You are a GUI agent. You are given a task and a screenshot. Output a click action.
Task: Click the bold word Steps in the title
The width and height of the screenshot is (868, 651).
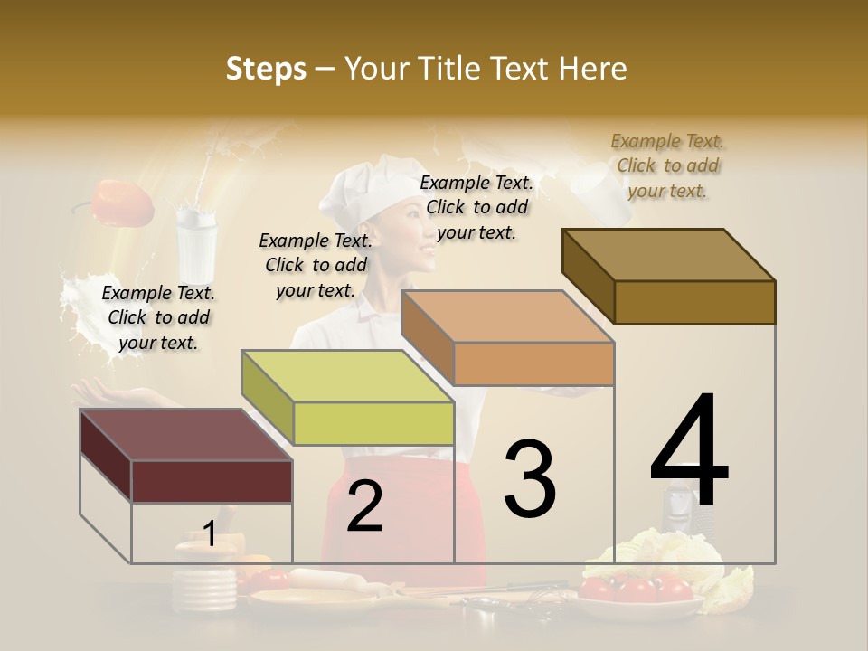[x=266, y=69]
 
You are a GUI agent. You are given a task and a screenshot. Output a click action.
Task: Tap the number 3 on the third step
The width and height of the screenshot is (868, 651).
[x=529, y=479]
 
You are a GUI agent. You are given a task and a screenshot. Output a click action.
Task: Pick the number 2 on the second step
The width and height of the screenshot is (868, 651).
[x=364, y=506]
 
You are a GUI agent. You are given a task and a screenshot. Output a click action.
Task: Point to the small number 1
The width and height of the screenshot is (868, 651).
[x=209, y=534]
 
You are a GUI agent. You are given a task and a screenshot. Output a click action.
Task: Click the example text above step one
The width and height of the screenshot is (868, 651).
[x=158, y=317]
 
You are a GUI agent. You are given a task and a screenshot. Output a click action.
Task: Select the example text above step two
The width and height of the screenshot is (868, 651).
[x=316, y=265]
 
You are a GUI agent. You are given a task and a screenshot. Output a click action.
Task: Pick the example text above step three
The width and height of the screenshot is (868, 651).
[x=476, y=207]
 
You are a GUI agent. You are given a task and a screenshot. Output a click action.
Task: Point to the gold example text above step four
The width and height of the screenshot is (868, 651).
[x=667, y=165]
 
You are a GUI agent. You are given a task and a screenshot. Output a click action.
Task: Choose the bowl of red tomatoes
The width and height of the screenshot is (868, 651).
[x=637, y=592]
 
